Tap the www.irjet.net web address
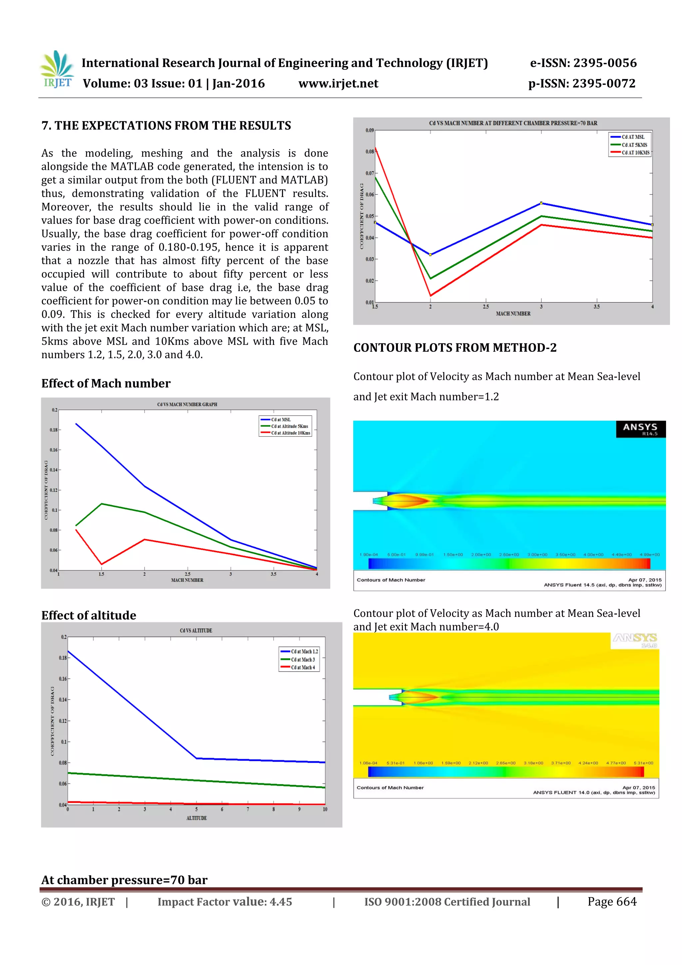338,84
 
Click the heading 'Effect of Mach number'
106,383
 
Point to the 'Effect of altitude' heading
89,615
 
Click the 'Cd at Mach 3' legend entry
303,660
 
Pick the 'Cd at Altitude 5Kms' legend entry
289,426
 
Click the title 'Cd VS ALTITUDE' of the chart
196,631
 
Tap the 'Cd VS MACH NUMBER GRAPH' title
187,404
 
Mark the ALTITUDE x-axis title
196,818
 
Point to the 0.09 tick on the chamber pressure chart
369,130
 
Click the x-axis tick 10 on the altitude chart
325,809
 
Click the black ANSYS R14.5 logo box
640,429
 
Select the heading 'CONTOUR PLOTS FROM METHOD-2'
455,347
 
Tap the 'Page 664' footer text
612,901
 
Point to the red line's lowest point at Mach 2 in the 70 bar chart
430,295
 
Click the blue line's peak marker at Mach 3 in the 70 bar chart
541,203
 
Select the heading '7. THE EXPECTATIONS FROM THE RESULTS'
166,126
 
